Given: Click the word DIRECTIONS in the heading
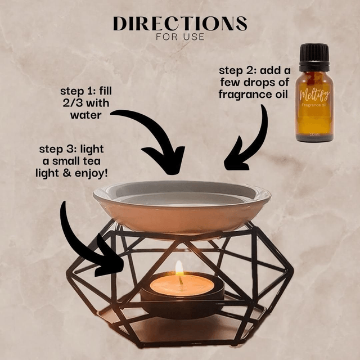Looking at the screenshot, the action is (x=180, y=24).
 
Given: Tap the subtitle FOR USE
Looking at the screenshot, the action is (x=180, y=37).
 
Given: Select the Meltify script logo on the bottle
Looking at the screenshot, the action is (x=314, y=95).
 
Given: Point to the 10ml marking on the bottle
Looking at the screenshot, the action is (x=314, y=134).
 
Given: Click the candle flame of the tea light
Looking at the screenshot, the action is (x=179, y=268).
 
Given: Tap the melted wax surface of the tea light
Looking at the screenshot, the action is (x=182, y=285).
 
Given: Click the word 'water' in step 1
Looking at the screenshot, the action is (x=86, y=115).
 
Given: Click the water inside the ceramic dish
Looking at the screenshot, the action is (x=182, y=199).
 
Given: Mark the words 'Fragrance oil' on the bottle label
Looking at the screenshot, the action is (x=314, y=105).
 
